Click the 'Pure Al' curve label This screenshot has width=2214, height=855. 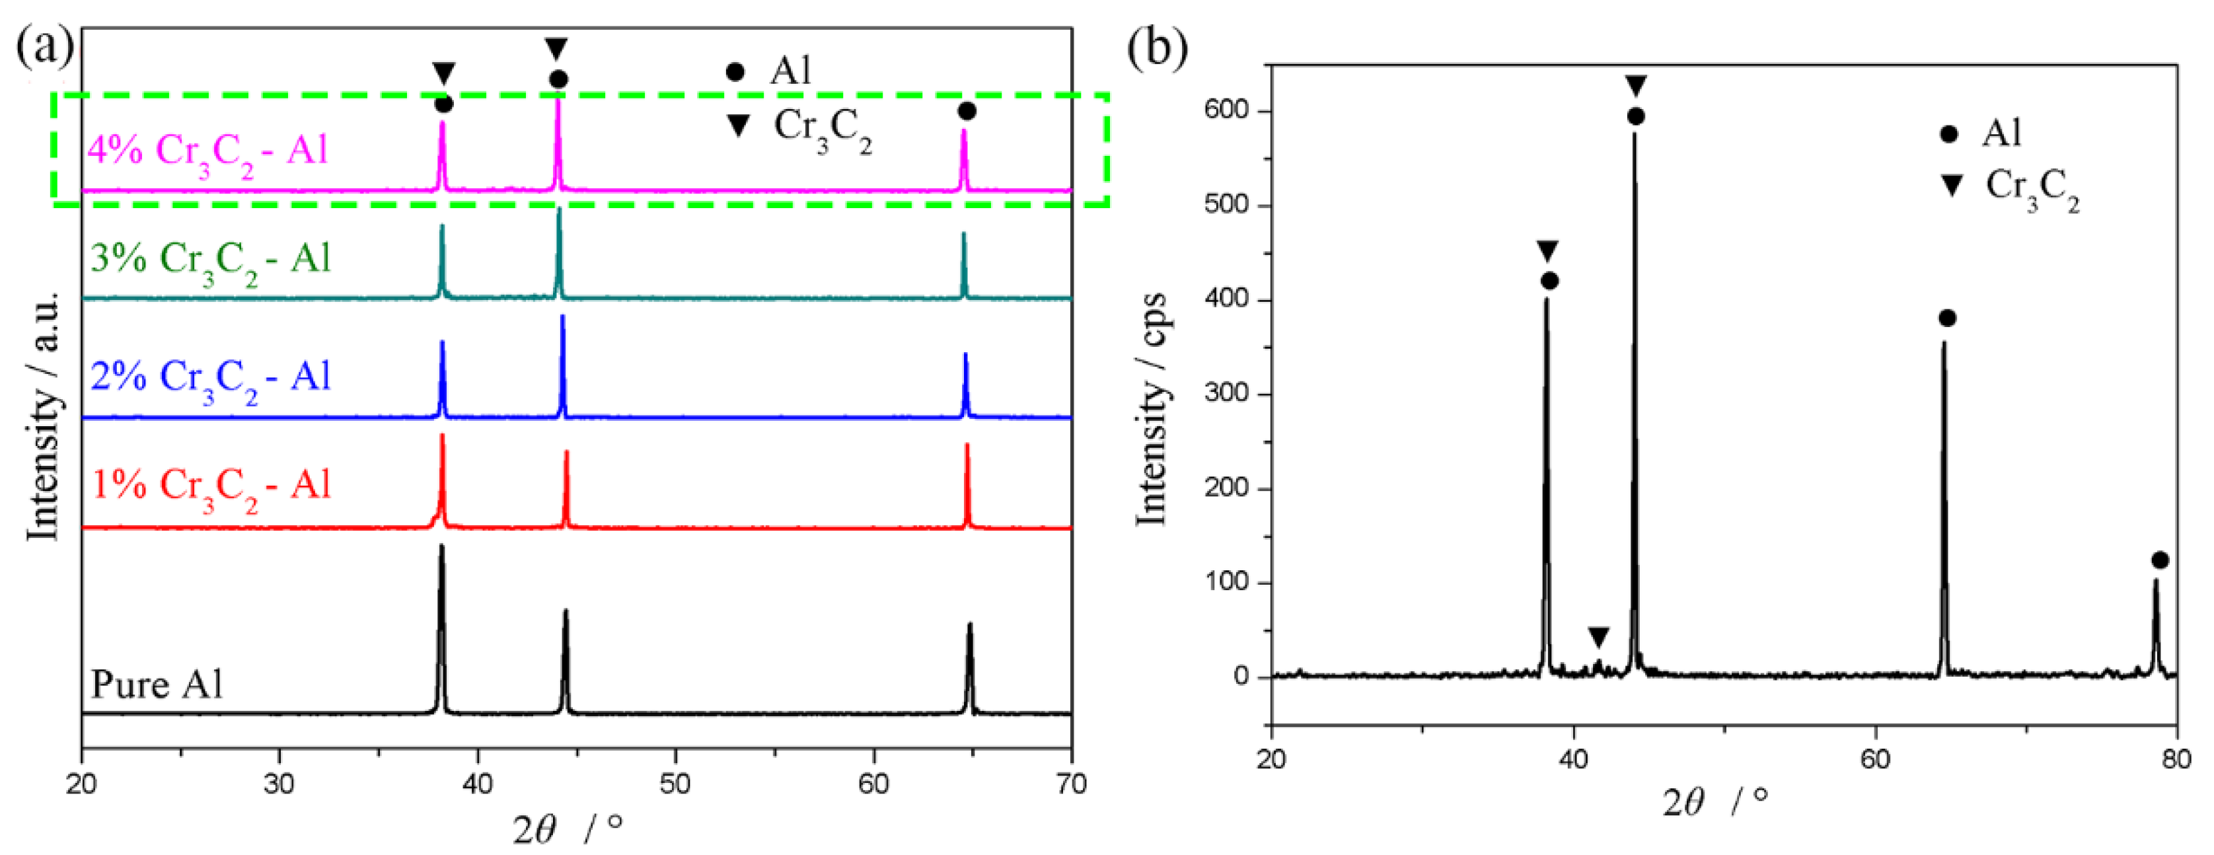157,685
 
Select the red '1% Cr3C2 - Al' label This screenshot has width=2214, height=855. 211,486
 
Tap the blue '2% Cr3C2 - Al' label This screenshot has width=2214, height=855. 211,377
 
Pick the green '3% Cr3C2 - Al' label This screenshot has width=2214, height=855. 211,258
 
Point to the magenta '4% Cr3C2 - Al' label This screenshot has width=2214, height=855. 208,151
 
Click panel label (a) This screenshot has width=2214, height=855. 45,45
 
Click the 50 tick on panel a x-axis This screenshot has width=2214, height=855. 675,784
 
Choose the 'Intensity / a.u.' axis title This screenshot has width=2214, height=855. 43,417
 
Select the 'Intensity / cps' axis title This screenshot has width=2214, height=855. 1152,408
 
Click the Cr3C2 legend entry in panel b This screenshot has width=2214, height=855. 2011,188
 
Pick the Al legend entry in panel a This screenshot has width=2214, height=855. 769,71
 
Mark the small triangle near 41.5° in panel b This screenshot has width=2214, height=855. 1598,638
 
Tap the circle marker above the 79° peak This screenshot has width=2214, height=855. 2160,560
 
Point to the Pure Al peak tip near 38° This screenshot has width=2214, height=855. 442,546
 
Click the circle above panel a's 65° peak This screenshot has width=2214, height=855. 967,112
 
